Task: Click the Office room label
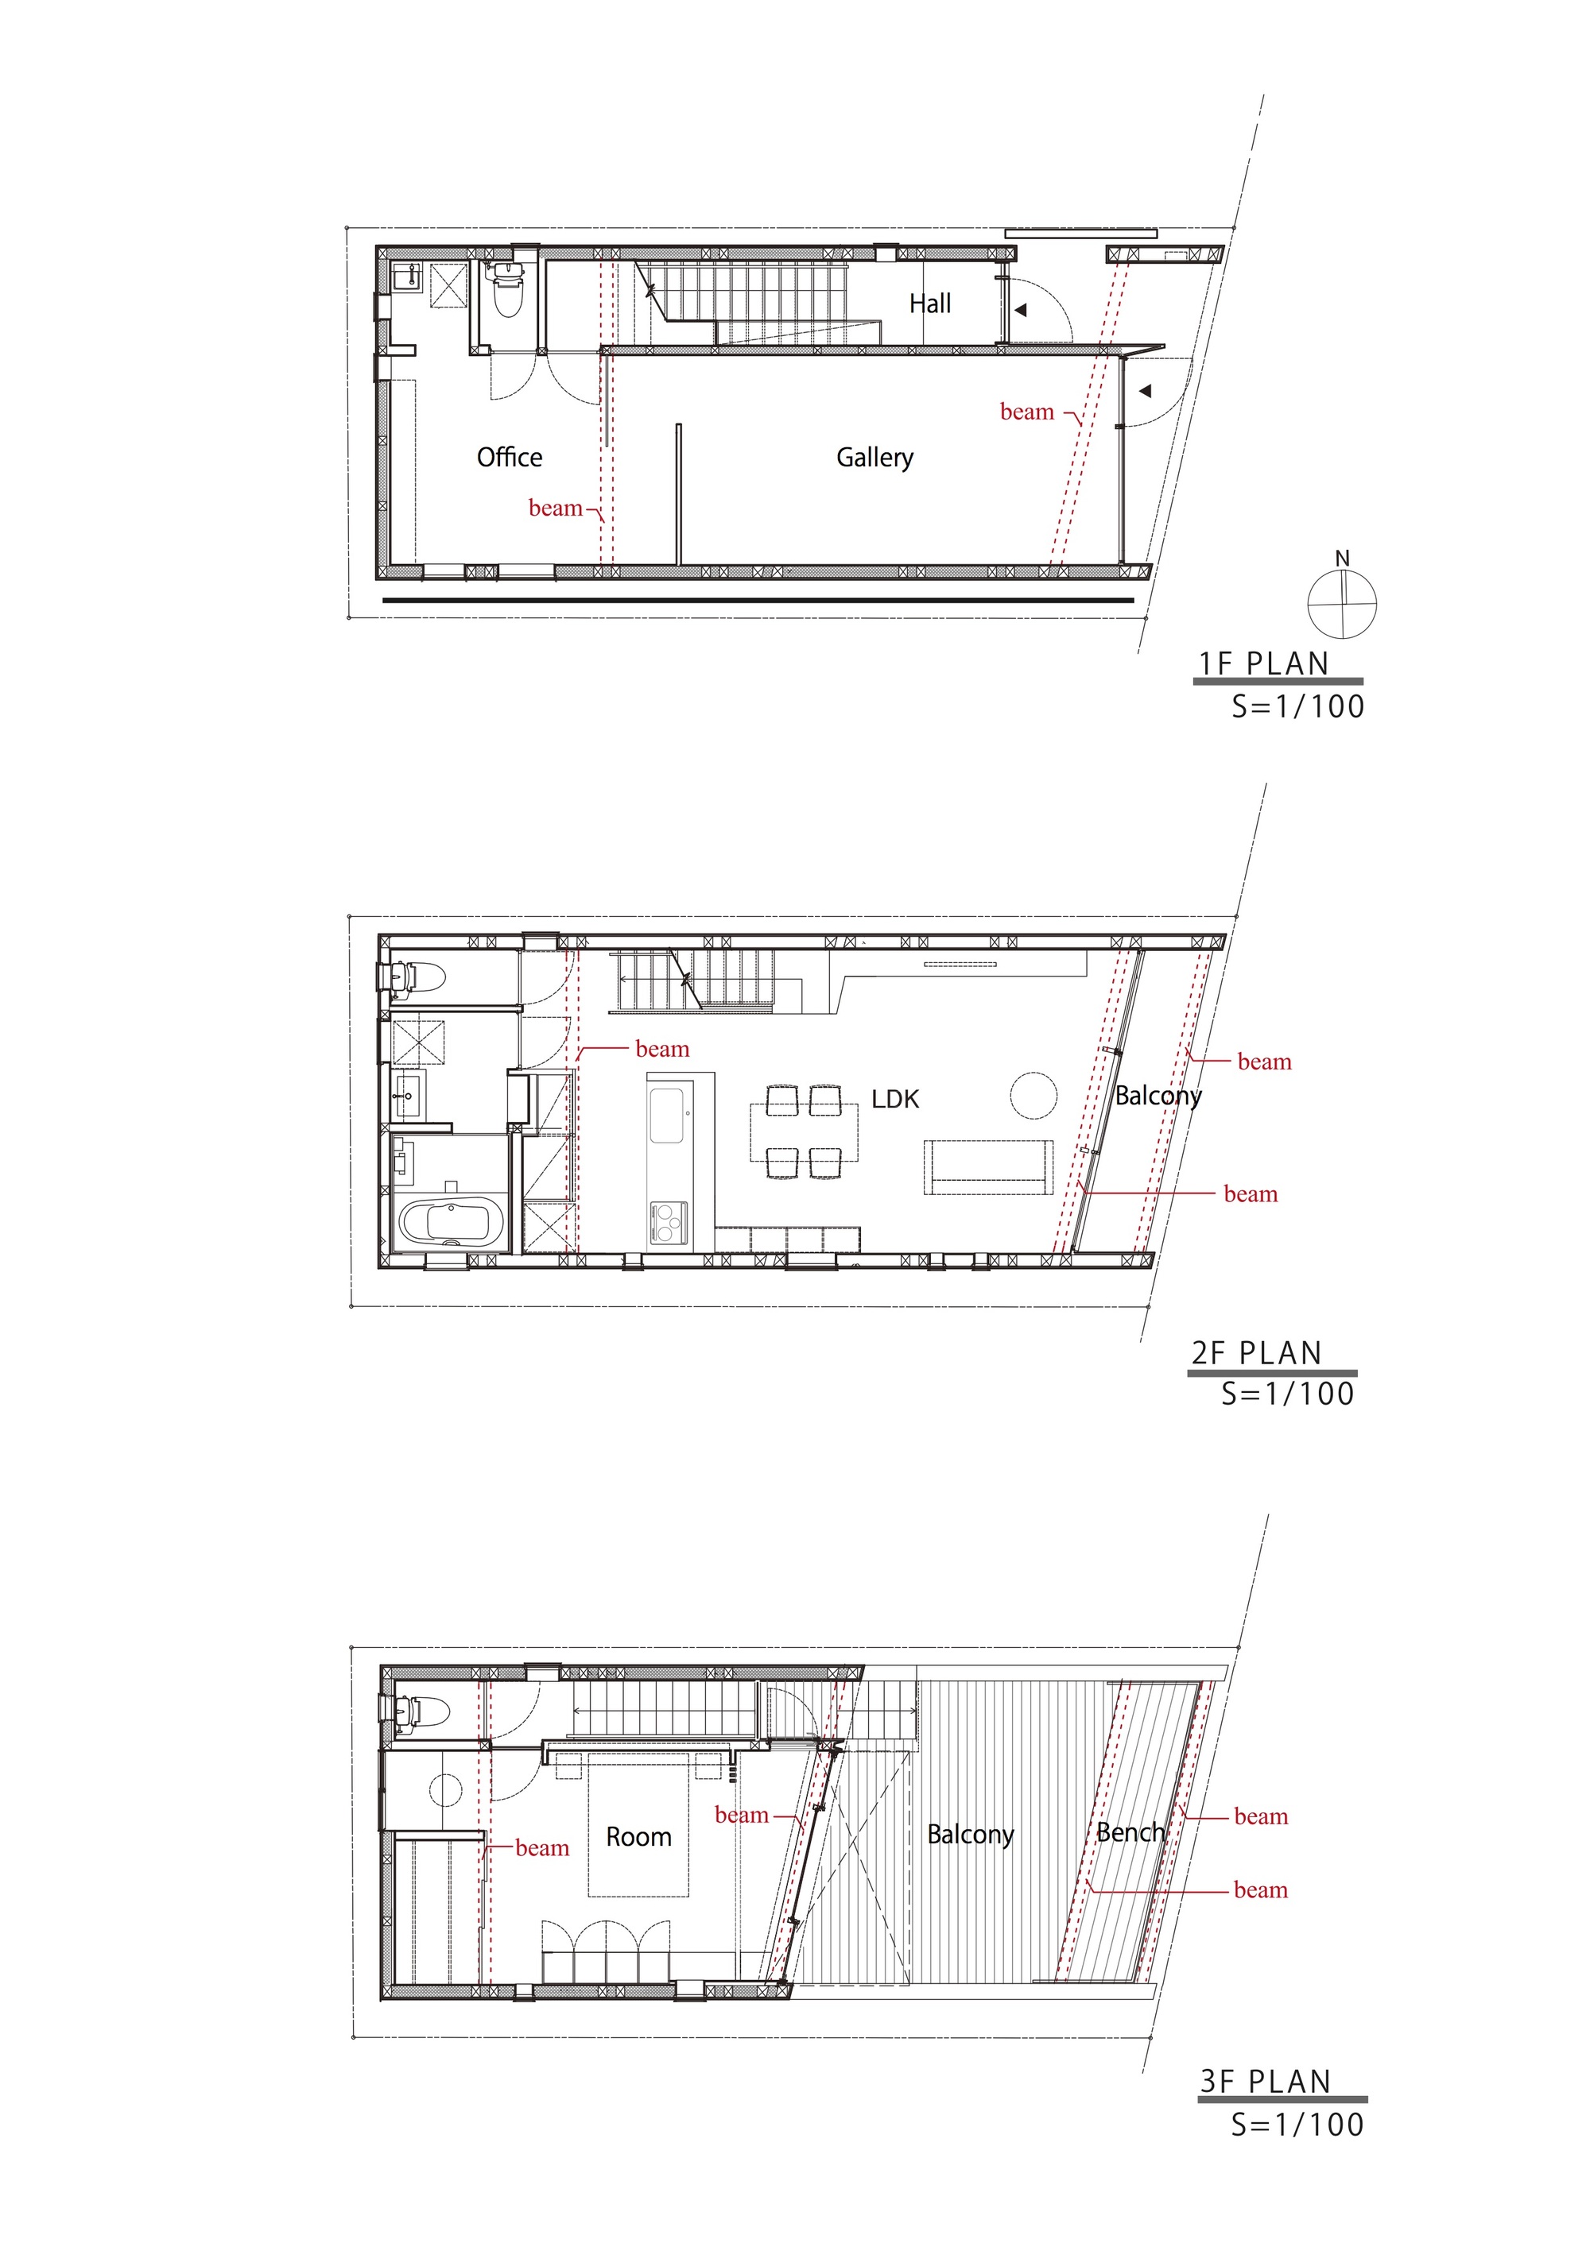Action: [x=509, y=457]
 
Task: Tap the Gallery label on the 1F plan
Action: [x=874, y=457]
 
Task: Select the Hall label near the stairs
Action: [x=929, y=304]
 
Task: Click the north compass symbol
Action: [x=1342, y=602]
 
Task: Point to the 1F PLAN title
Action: [x=1264, y=663]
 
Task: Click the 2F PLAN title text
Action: [x=1256, y=1352]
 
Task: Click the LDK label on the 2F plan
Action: [x=895, y=1099]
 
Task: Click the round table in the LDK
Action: [x=1033, y=1095]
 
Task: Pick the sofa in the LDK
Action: [x=988, y=1166]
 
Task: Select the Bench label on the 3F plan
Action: [x=1130, y=1832]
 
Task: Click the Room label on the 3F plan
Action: [x=638, y=1837]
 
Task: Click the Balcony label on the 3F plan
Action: [x=969, y=1834]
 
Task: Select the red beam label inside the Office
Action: [x=555, y=508]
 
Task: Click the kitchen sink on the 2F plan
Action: [x=667, y=1115]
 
